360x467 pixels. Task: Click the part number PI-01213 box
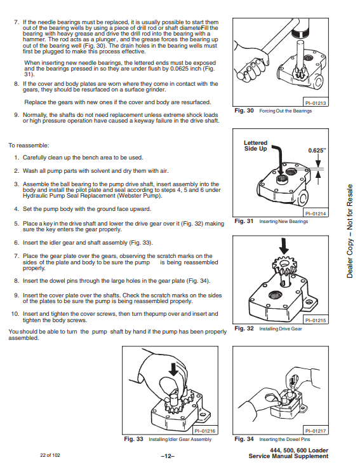click(x=316, y=103)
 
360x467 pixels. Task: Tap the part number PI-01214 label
click(x=316, y=213)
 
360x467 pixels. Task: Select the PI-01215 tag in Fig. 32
click(x=316, y=320)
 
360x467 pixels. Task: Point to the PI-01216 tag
click(x=205, y=431)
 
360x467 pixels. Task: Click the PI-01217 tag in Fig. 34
click(x=316, y=431)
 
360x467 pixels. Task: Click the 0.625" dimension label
click(x=317, y=151)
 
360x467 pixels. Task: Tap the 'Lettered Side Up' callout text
click(x=256, y=146)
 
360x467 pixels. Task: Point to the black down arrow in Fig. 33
click(x=173, y=369)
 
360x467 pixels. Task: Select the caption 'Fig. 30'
click(x=244, y=111)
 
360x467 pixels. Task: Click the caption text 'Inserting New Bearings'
click(x=284, y=222)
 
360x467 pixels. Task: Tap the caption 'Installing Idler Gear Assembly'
click(x=180, y=440)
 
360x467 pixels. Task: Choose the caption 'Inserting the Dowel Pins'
click(x=284, y=440)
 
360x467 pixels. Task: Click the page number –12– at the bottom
click(x=168, y=456)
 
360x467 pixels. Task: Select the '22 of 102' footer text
click(x=50, y=455)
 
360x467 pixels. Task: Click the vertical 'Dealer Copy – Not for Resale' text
click(x=350, y=231)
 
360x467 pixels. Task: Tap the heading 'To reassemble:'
click(x=29, y=146)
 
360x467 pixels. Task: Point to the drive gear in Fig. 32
click(x=284, y=266)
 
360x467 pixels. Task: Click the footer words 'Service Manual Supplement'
click(x=288, y=457)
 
